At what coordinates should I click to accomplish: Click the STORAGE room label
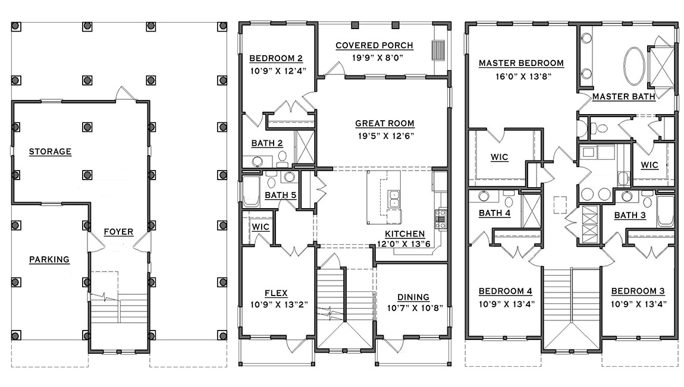[x=51, y=152]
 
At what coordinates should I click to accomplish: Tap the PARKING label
[x=49, y=259]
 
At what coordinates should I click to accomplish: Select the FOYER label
[x=118, y=232]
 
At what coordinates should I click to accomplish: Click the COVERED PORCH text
[x=374, y=46]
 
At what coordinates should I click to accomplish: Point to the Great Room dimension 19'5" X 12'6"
[x=384, y=136]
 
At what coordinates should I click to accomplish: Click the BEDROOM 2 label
[x=276, y=58]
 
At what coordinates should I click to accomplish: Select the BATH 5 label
[x=280, y=194]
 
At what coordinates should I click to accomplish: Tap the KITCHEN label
[x=404, y=234]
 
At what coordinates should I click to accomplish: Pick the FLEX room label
[x=276, y=292]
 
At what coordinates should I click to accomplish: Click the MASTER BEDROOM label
[x=521, y=63]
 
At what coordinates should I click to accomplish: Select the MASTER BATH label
[x=623, y=96]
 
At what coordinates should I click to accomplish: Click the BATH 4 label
[x=494, y=213]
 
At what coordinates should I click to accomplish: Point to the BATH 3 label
[x=630, y=215]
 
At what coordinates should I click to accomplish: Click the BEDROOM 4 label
[x=505, y=291]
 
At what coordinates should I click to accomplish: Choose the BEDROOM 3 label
[x=638, y=291]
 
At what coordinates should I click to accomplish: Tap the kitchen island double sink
[x=393, y=199]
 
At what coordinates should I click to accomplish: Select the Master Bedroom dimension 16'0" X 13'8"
[x=521, y=76]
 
